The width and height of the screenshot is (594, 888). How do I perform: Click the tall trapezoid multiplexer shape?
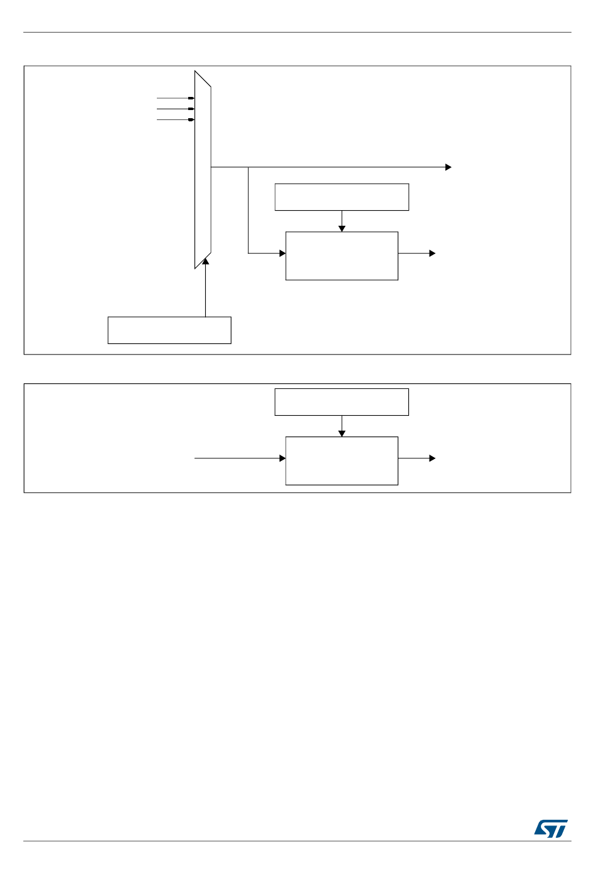click(x=203, y=169)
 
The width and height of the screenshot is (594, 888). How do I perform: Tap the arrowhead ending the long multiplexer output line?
click(x=448, y=168)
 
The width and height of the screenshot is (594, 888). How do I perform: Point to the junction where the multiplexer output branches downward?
click(x=248, y=168)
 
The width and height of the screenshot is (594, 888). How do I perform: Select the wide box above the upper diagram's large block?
click(x=341, y=197)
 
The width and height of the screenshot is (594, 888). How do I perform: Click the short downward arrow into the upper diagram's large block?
click(x=342, y=221)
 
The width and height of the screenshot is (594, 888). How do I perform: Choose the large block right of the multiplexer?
click(x=341, y=256)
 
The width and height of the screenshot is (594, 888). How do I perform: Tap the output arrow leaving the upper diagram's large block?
click(x=416, y=253)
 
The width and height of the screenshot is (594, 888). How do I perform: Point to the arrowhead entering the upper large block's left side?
click(x=282, y=253)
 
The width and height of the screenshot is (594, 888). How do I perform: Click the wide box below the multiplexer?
click(x=169, y=330)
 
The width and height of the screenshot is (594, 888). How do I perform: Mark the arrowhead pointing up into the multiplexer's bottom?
click(x=205, y=262)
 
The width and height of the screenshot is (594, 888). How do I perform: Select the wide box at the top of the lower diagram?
click(x=341, y=402)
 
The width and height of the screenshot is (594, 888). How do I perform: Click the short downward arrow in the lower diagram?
click(x=342, y=426)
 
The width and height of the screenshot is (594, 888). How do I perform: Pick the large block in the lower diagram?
click(x=341, y=461)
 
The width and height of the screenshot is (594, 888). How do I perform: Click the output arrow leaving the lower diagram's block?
click(x=416, y=458)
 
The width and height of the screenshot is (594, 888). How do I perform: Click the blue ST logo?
click(x=551, y=829)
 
